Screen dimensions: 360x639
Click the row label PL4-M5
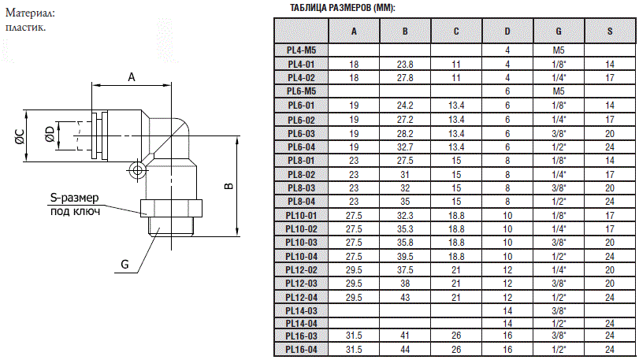pyautogui.click(x=301, y=50)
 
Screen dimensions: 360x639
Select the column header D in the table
pyautogui.click(x=507, y=31)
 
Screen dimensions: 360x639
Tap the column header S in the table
pyautogui.click(x=610, y=31)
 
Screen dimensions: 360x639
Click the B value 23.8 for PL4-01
pyautogui.click(x=405, y=64)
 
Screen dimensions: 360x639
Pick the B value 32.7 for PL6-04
pyautogui.click(x=405, y=147)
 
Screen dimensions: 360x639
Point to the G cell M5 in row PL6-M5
pyautogui.click(x=559, y=91)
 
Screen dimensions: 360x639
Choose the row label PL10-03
pyautogui.click(x=301, y=243)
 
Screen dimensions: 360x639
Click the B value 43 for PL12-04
pyautogui.click(x=405, y=297)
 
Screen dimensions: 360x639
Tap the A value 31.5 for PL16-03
pyautogui.click(x=354, y=336)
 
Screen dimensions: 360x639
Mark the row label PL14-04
pyautogui.click(x=301, y=323)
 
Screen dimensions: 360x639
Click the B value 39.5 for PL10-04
pyautogui.click(x=405, y=256)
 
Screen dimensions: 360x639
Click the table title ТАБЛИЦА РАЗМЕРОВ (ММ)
pyautogui.click(x=343, y=8)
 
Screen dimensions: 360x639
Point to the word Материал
pyautogui.click(x=32, y=13)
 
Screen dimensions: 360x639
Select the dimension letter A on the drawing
pyautogui.click(x=132, y=76)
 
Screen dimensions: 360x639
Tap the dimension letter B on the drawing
pyautogui.click(x=228, y=186)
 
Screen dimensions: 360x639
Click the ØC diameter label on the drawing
pyautogui.click(x=18, y=135)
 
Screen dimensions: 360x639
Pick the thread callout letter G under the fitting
pyautogui.click(x=124, y=265)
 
